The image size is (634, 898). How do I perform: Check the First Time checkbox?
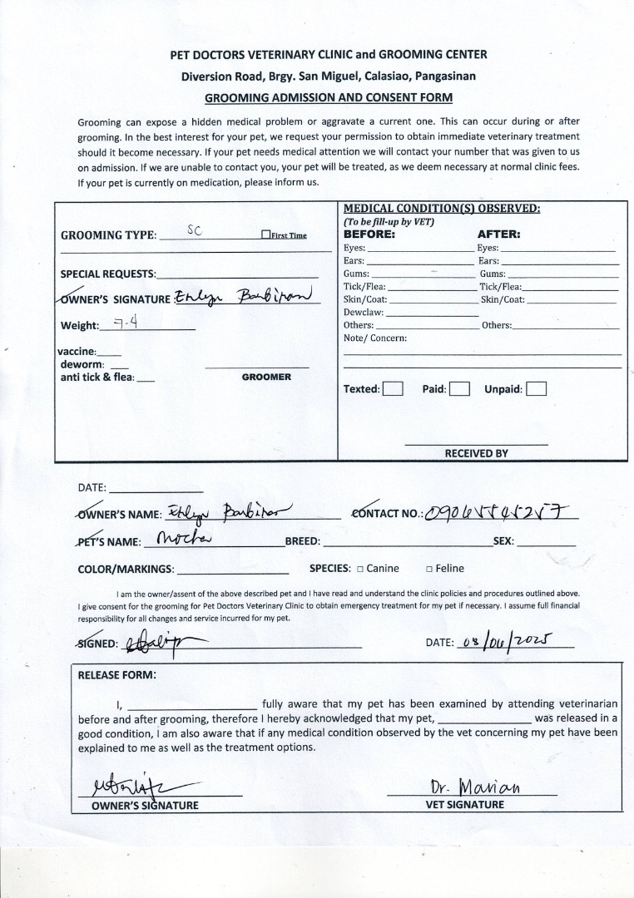coord(265,235)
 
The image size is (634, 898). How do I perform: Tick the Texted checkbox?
coord(393,389)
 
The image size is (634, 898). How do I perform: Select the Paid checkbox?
coord(459,389)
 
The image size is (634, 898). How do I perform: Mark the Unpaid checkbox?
coord(536,389)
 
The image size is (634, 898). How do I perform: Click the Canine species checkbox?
coord(359,570)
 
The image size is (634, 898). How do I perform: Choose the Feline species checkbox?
coord(428,570)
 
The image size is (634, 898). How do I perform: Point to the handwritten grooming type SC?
coord(195,231)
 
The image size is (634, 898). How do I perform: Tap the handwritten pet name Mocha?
coord(185,539)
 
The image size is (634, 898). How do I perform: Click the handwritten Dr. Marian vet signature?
coord(475,787)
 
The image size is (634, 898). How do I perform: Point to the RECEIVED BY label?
coord(476,453)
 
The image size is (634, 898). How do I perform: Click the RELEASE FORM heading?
coord(116,674)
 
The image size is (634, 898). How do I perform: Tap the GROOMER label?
coord(266,377)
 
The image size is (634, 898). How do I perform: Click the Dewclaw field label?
coord(363,312)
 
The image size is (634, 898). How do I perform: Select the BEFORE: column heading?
coord(369,234)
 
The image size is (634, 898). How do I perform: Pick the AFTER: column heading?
coord(498,234)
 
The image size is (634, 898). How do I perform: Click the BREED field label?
coord(303,541)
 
